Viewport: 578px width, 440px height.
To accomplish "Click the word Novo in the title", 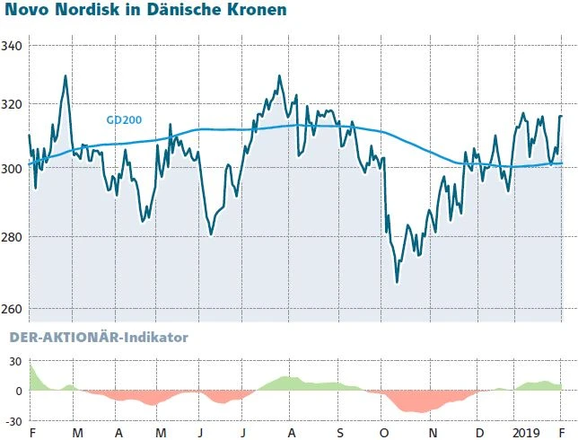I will pos(27,12).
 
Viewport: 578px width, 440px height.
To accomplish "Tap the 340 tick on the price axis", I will pos(13,46).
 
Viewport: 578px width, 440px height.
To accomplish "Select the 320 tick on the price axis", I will pos(13,105).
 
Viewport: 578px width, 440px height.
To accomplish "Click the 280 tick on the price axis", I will pos(13,237).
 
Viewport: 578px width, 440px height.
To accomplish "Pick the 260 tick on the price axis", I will pos(13,310).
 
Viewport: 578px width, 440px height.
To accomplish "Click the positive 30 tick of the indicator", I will pos(14,361).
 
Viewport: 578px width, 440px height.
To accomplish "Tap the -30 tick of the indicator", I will pos(13,419).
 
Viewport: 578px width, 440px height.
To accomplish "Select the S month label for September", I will pos(340,433).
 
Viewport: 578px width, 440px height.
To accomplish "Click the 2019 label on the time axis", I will pos(526,433).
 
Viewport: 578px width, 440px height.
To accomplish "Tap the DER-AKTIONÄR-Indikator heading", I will pos(98,338).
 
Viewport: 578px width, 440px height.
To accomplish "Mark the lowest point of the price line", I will pos(397,282).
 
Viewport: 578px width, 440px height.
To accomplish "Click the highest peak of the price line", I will pos(66,75).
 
